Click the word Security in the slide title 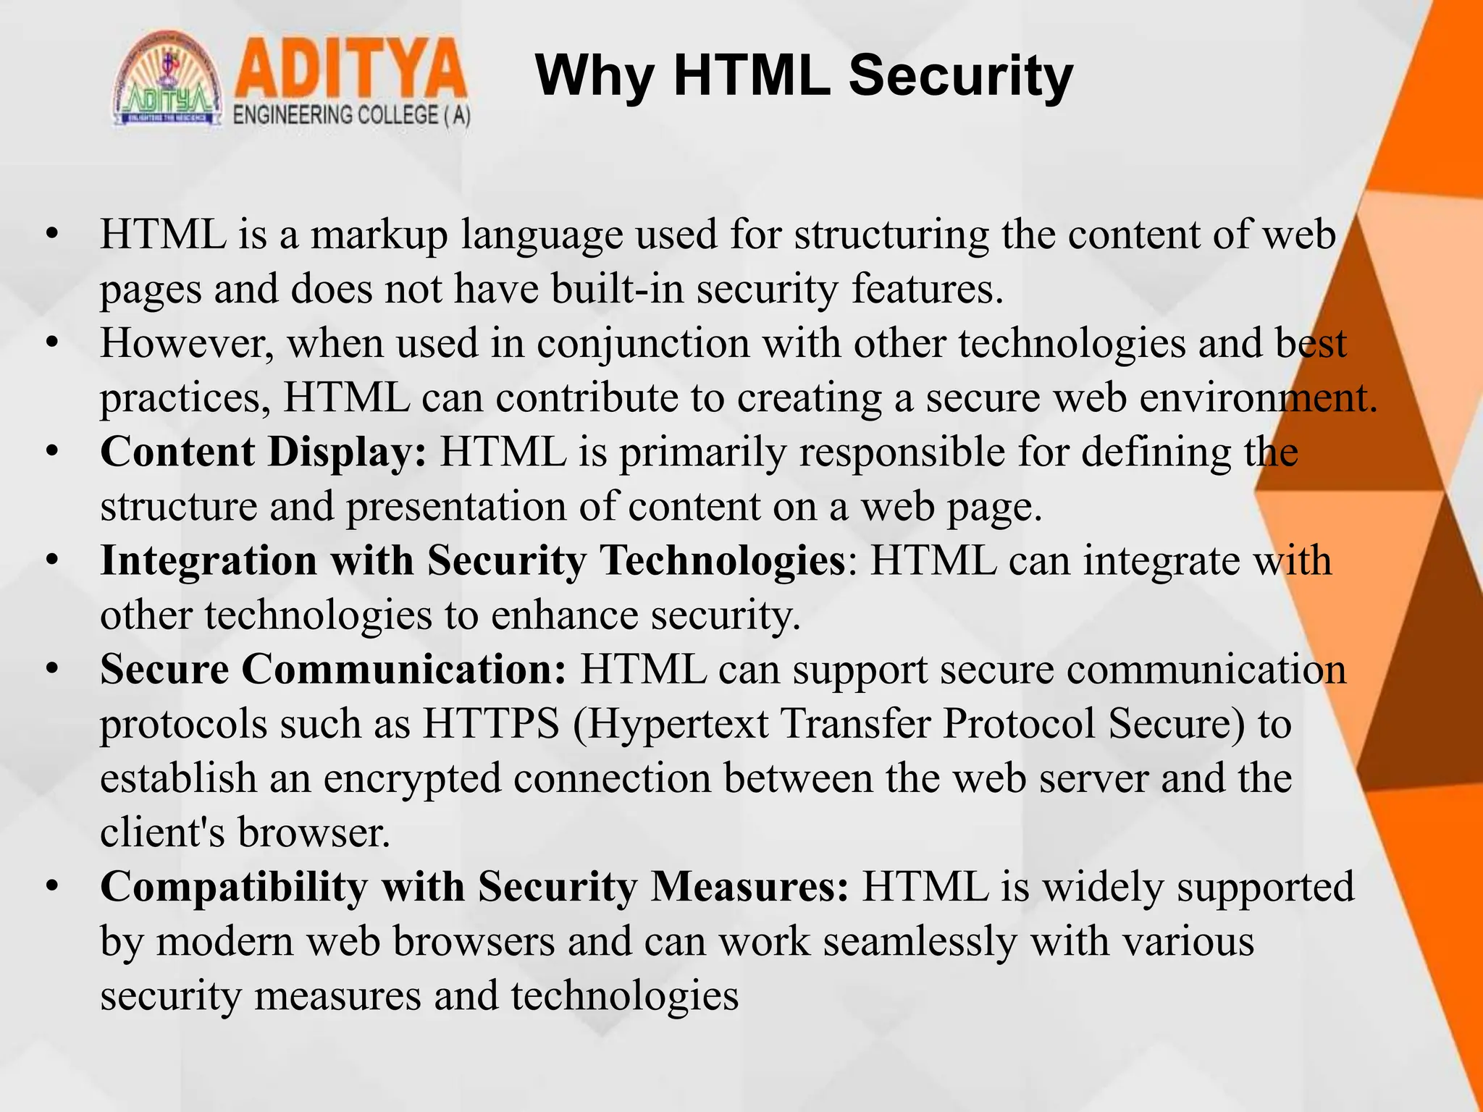click(960, 77)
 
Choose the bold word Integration click(209, 562)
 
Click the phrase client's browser click(245, 833)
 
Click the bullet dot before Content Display click(51, 452)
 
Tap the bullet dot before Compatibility click(51, 886)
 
